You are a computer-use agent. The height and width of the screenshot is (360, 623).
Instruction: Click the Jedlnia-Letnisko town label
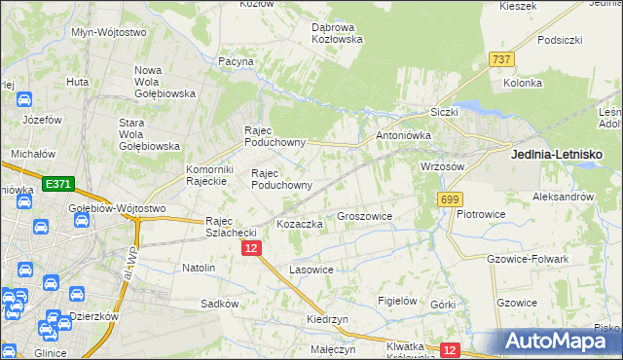(x=557, y=155)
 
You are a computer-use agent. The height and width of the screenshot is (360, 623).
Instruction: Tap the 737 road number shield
(x=502, y=59)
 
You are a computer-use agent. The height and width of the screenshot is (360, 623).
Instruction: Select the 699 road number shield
(x=449, y=199)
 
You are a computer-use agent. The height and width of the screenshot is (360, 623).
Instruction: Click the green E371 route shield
(x=57, y=183)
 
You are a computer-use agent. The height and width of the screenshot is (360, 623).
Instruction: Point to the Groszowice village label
(x=364, y=216)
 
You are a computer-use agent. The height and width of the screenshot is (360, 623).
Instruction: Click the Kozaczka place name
(x=300, y=224)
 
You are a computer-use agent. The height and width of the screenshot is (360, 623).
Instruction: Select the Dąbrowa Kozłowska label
(x=337, y=33)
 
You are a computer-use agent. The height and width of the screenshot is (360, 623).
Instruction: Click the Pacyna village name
(x=237, y=61)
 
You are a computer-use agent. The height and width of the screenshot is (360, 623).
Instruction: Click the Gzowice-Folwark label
(x=527, y=259)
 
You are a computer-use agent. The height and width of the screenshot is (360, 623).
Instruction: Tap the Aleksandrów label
(x=563, y=197)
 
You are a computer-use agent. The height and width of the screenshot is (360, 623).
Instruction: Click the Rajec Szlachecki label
(x=230, y=227)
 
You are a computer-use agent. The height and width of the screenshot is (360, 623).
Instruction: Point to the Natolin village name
(x=199, y=267)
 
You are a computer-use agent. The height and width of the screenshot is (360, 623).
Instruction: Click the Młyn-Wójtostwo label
(x=109, y=32)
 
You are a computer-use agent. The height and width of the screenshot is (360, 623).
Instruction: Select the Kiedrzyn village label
(x=327, y=319)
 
